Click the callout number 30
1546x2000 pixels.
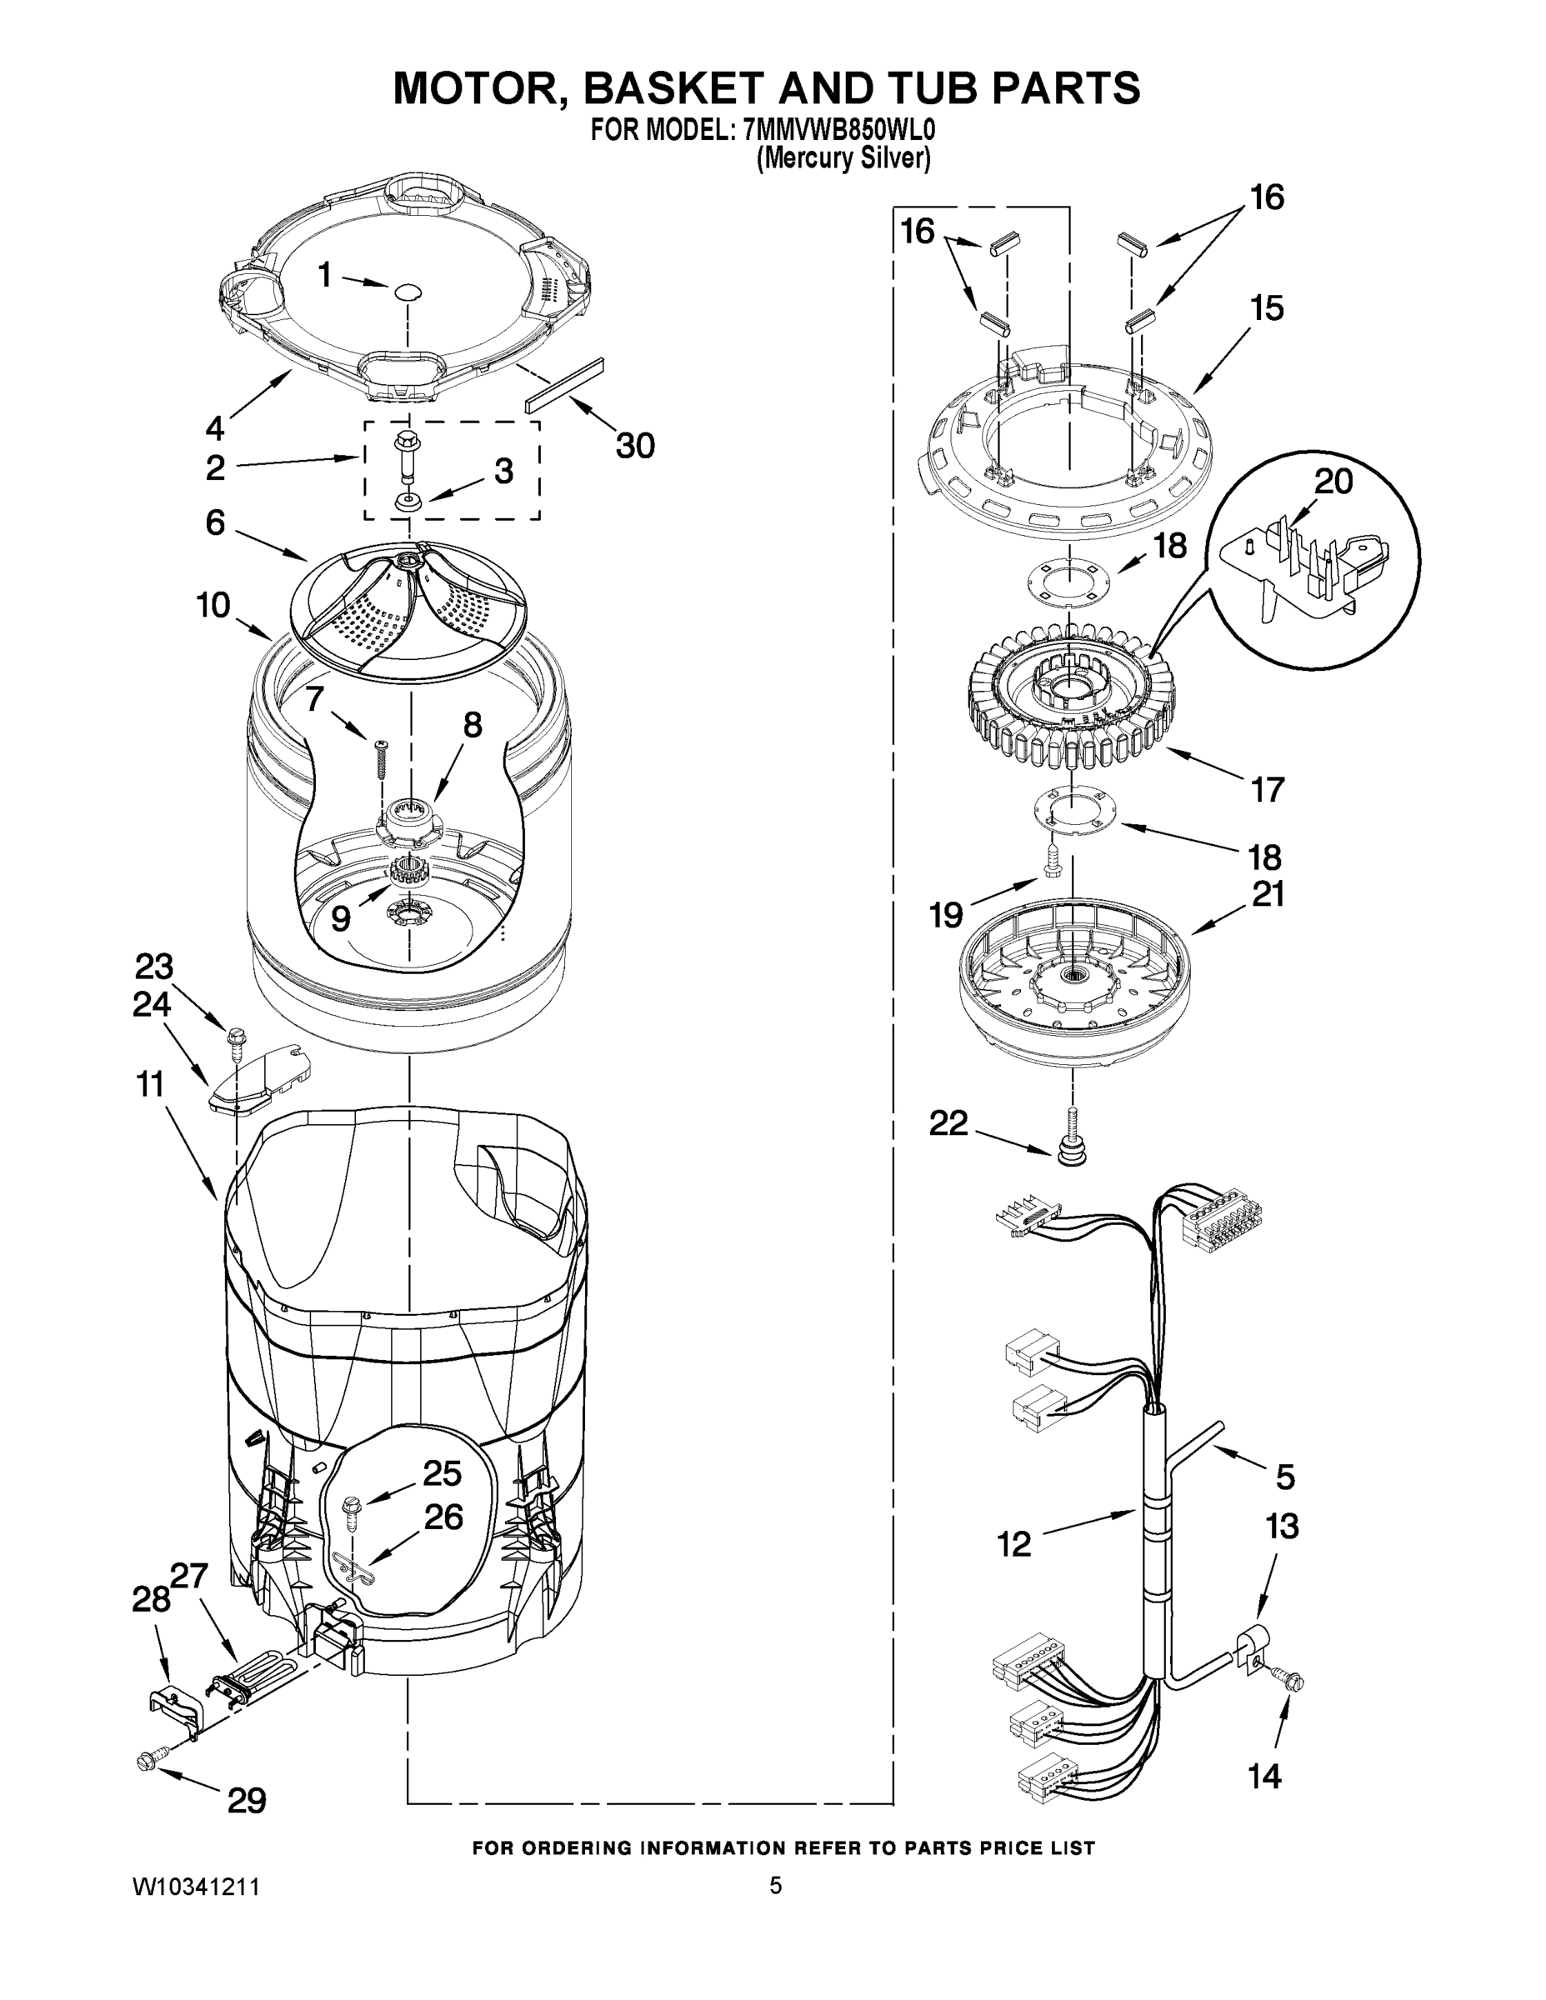pos(635,446)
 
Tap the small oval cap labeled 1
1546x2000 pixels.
pos(408,291)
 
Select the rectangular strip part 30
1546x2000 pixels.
pos(564,385)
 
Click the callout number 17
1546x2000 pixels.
pos(1267,788)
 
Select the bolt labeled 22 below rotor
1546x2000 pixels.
pos(1072,1139)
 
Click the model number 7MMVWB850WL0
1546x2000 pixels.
pos(833,130)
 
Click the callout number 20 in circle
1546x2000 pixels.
pos(1333,482)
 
